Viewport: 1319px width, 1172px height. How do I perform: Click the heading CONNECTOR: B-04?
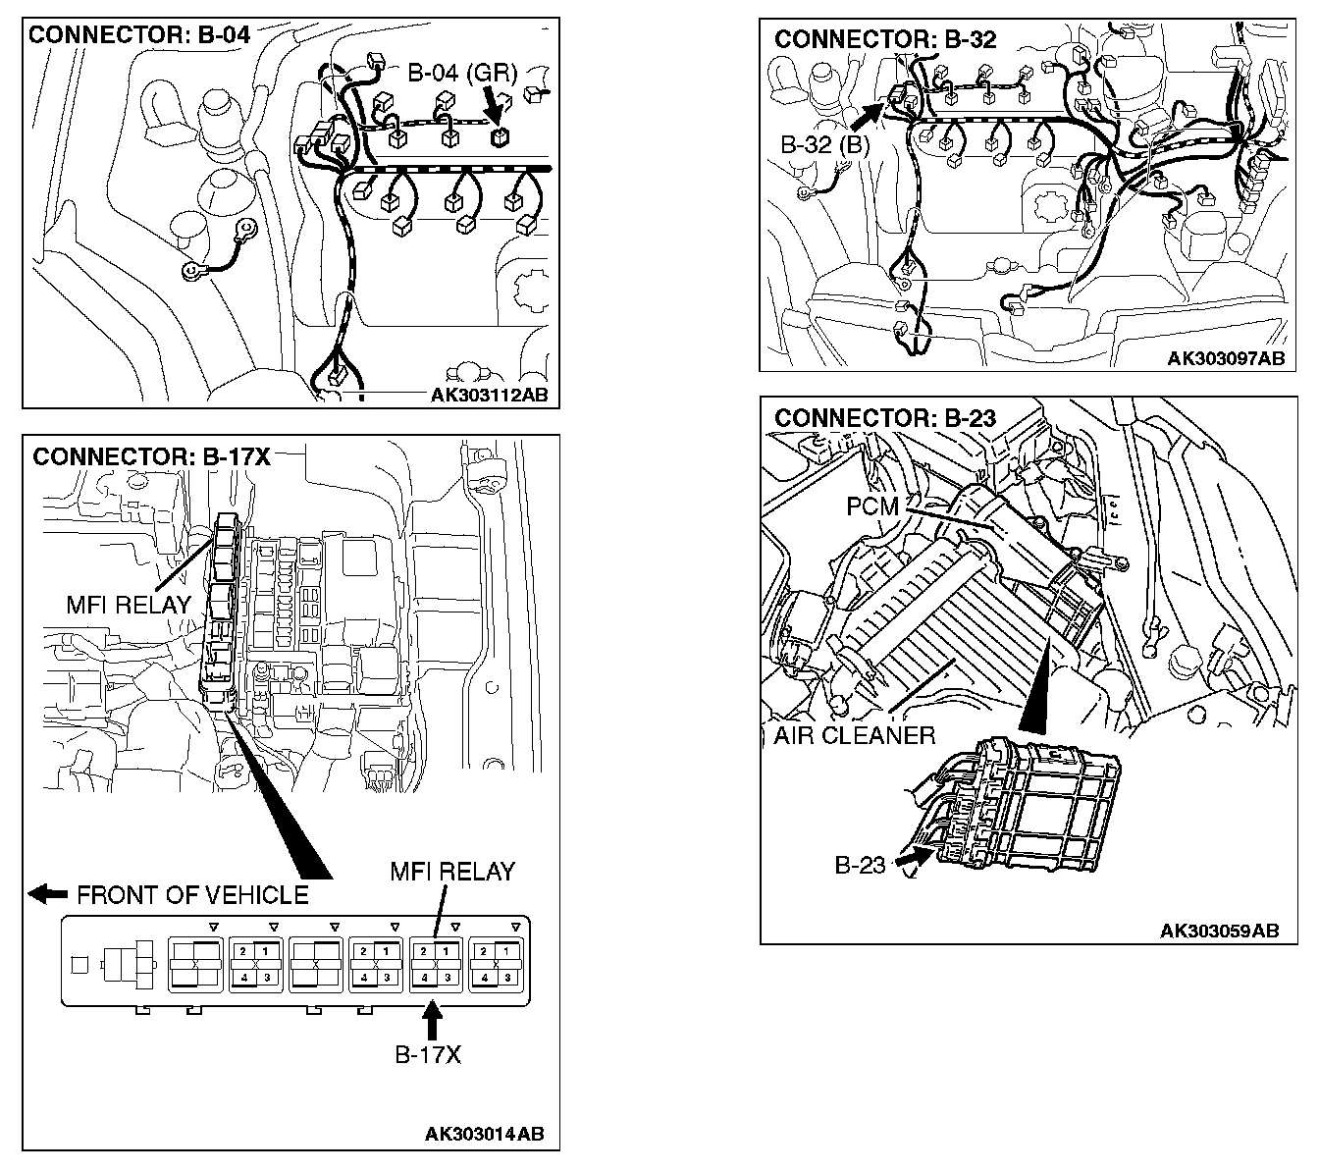click(x=139, y=36)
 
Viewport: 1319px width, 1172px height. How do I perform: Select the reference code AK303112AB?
click(x=489, y=396)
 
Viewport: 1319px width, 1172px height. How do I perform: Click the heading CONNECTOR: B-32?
click(x=885, y=39)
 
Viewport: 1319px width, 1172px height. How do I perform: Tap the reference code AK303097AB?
click(x=1226, y=359)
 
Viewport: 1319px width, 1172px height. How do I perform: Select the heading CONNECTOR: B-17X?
click(x=151, y=457)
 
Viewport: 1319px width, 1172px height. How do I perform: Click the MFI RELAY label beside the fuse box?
click(x=128, y=606)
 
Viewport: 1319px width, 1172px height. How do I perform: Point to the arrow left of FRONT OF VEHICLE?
click(x=47, y=894)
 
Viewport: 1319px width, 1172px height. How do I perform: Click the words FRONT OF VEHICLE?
click(x=192, y=895)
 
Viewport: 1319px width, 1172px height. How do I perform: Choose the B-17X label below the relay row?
click(x=428, y=1055)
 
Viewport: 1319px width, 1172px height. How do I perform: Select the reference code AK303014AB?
click(x=484, y=1135)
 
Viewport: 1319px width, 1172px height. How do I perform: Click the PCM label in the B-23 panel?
click(x=872, y=506)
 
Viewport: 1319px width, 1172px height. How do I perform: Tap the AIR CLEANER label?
click(x=854, y=735)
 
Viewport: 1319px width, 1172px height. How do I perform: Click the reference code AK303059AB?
click(x=1220, y=931)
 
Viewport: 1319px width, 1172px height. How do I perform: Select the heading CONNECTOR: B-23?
click(x=885, y=418)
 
